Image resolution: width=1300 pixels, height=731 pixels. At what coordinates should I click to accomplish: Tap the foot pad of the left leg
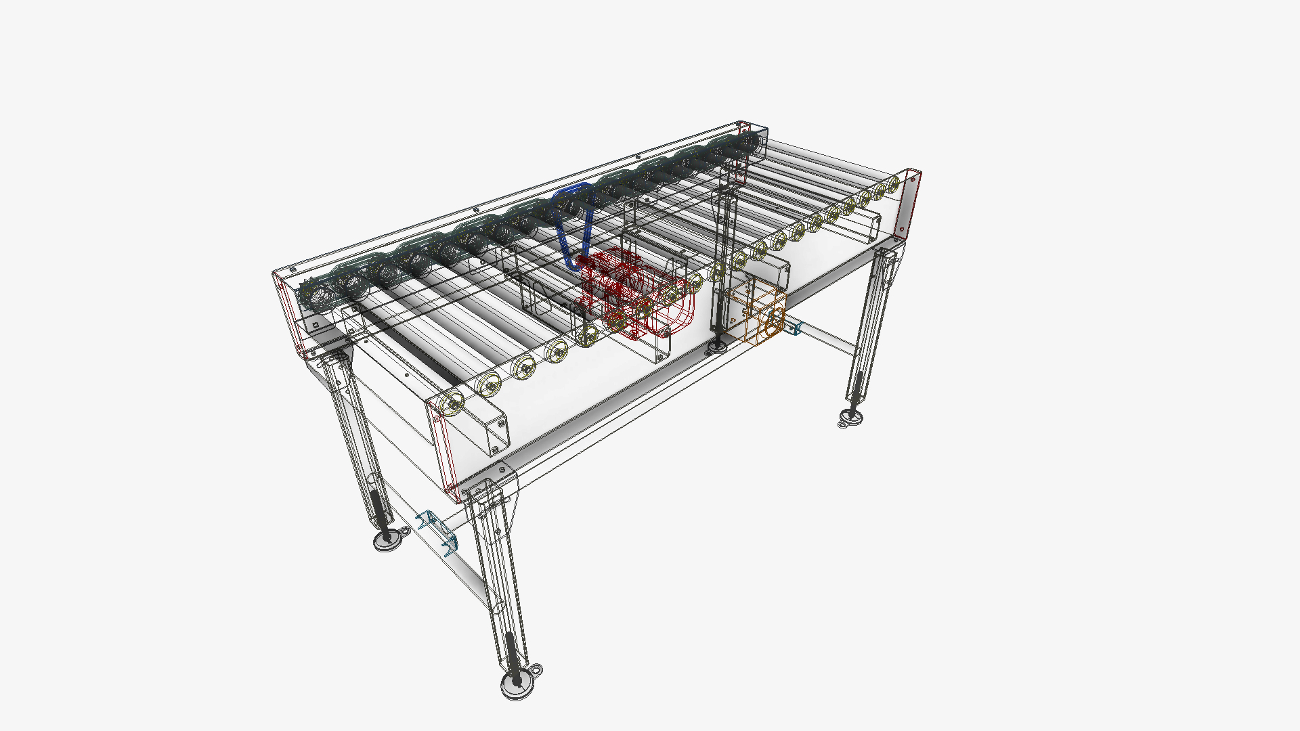click(x=387, y=540)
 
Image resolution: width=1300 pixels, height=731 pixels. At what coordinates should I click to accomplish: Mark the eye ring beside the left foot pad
click(x=403, y=530)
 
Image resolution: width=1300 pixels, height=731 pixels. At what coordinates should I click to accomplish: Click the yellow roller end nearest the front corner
click(x=451, y=403)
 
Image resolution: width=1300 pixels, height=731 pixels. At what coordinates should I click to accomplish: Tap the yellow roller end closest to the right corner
click(x=893, y=183)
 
